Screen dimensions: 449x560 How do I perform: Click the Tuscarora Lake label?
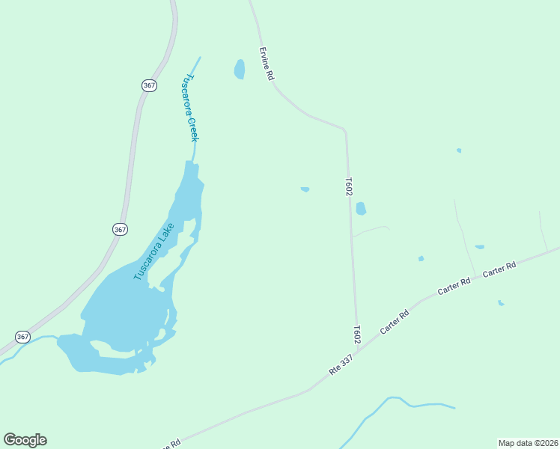(x=153, y=251)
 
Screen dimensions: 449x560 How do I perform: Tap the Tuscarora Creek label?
(x=190, y=108)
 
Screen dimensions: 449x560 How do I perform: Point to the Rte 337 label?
(x=340, y=366)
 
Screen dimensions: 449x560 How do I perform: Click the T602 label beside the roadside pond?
(x=349, y=186)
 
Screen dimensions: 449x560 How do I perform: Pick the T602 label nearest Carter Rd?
(x=358, y=334)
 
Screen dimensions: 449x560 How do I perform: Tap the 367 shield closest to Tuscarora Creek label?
(x=149, y=85)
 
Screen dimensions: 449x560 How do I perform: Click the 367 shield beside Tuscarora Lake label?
(x=120, y=229)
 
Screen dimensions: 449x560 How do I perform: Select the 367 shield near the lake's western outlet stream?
(x=23, y=337)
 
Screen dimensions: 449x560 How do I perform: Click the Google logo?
(x=25, y=440)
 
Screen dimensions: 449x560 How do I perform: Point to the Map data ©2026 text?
(x=527, y=442)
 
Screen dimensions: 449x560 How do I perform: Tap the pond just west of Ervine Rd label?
(x=240, y=69)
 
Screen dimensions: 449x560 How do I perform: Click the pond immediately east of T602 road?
(x=361, y=209)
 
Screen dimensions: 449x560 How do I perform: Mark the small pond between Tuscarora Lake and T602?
(x=305, y=189)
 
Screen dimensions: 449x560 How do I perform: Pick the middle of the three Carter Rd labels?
(x=454, y=286)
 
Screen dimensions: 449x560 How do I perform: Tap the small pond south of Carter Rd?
(x=500, y=303)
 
